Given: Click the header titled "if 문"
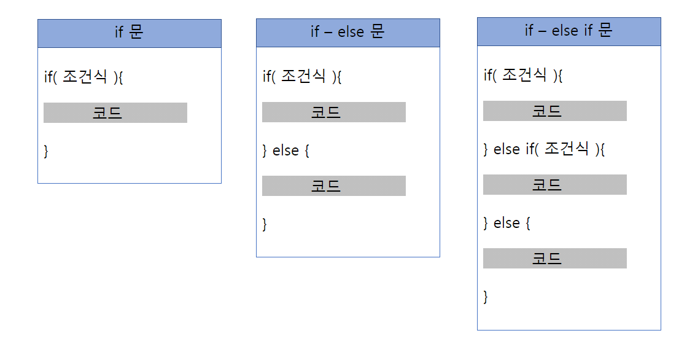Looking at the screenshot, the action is [x=129, y=33].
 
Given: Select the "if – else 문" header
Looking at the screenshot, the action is [x=347, y=33].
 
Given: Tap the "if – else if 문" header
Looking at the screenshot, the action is [x=569, y=31].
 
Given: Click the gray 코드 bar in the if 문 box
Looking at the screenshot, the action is [x=115, y=113].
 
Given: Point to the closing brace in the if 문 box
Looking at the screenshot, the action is [x=46, y=151].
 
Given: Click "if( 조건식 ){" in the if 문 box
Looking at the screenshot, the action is [x=84, y=77].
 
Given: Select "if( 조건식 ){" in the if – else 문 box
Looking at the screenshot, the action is [x=302, y=77].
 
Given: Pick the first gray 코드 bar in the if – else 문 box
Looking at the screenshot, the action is [x=333, y=112].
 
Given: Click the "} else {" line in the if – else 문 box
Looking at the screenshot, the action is [x=285, y=151].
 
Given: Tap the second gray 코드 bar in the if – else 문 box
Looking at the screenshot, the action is [x=333, y=186].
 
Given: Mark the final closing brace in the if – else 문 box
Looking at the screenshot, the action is [x=265, y=224].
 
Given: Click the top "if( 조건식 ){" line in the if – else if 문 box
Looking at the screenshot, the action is [x=523, y=76].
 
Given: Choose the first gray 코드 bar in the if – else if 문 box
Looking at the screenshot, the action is [x=554, y=111].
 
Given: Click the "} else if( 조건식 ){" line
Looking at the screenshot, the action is [x=544, y=149].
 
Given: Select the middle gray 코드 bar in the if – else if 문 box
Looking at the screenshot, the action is [x=554, y=185].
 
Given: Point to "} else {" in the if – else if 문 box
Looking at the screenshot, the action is [x=507, y=223].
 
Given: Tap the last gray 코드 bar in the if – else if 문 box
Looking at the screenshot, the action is [x=554, y=259].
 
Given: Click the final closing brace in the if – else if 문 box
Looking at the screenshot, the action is [x=486, y=297].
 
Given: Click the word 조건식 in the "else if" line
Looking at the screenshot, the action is [x=567, y=149].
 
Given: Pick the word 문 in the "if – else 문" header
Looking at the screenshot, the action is [x=377, y=32].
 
